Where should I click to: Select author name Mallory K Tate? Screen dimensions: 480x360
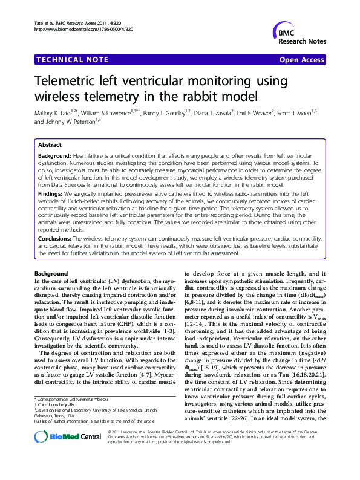[54, 112]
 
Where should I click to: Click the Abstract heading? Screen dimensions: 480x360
[50, 145]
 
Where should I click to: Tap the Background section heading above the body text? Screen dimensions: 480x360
[51, 274]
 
